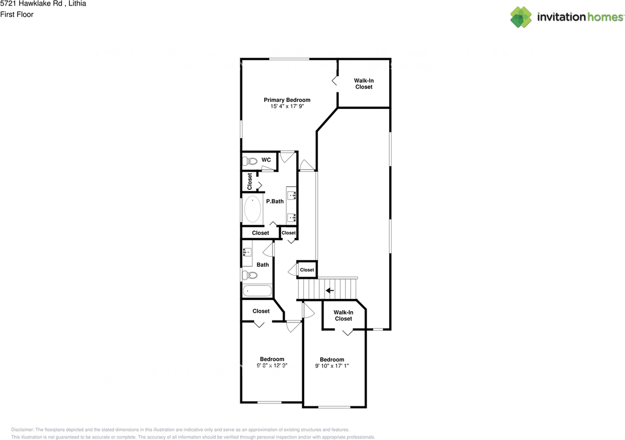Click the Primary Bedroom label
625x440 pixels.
287,100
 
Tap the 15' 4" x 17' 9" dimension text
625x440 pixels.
287,106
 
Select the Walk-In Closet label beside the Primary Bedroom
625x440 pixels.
364,83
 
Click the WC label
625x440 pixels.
266,160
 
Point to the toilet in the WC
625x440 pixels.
250,161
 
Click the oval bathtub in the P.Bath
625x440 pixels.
252,209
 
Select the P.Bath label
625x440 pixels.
274,201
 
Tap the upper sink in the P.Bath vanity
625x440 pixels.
292,196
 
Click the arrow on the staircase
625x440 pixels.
330,291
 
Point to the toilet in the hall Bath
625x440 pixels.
249,276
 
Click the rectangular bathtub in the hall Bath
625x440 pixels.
257,291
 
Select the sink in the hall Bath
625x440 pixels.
247,252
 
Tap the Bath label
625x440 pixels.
263,265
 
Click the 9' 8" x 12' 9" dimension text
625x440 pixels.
272,365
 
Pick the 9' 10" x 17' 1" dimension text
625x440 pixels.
332,366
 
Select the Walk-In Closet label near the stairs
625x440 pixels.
343,315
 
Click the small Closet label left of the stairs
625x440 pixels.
307,270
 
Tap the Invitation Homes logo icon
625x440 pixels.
521,17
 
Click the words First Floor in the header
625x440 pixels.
17,15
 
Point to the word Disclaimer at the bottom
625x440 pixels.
22,430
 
